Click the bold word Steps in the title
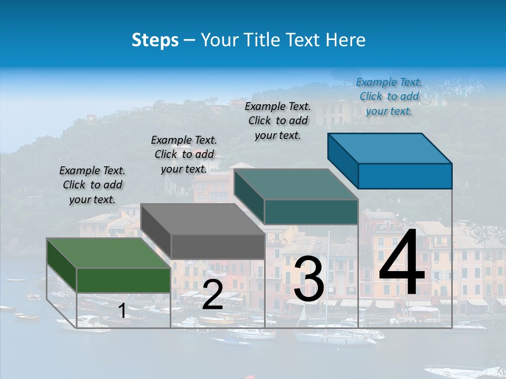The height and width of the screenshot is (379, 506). pos(155,40)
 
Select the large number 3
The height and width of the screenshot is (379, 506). pos(309,279)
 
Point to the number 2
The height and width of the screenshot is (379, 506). pos(212,295)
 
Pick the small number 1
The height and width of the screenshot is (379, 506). pos(122,311)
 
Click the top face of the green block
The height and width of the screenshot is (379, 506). pos(108,253)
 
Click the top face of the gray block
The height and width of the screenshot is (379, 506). pos(202,218)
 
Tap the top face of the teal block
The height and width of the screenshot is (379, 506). pos(296,184)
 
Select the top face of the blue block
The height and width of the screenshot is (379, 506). pos(390,148)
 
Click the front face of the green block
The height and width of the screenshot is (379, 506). pos(123,280)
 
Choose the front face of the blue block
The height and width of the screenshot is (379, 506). pos(405,176)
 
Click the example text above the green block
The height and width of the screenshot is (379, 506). pos(92,185)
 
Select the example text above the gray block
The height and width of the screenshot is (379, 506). pos(184,155)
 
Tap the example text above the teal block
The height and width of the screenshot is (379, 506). pos(278,121)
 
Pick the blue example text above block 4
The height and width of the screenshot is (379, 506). pos(389,97)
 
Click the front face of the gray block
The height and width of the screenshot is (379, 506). pos(218,246)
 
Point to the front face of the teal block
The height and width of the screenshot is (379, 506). pos(311,212)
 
